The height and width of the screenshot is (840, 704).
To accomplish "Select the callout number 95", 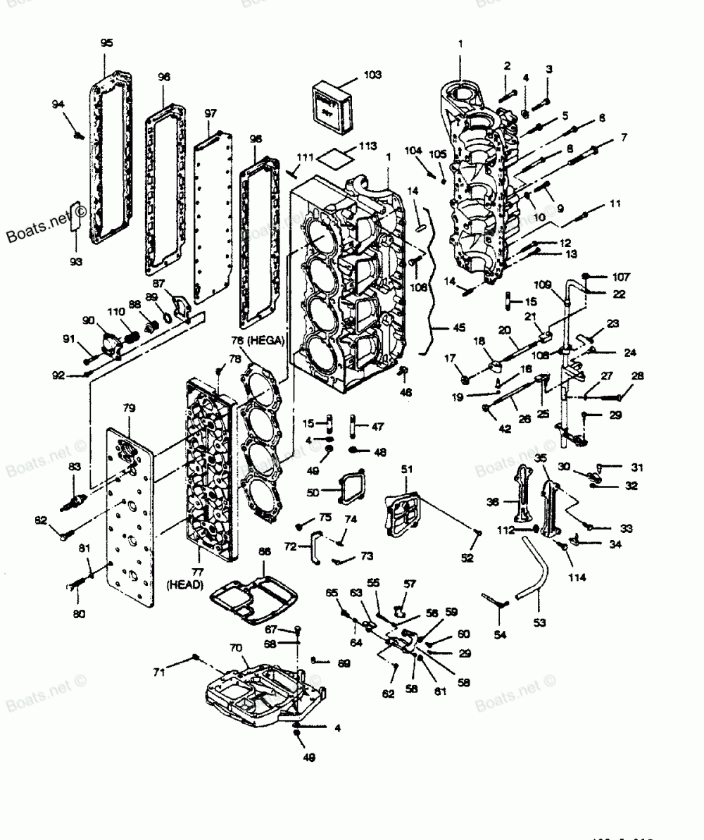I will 106,43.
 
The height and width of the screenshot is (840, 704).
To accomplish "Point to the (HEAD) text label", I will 185,585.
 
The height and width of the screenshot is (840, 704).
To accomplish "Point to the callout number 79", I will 130,408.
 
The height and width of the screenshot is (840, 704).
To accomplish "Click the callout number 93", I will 75,262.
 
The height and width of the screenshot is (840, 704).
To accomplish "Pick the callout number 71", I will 160,672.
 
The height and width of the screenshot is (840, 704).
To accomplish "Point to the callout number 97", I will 210,114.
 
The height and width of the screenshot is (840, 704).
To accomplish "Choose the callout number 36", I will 494,502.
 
